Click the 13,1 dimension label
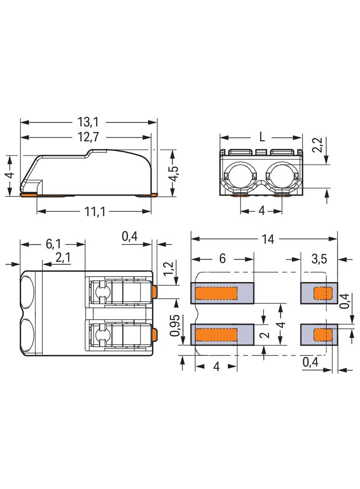tap(88, 122)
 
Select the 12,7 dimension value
tap(88, 137)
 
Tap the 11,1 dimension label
tap(95, 211)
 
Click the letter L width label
tap(262, 137)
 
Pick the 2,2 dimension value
tap(318, 145)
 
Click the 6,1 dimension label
tap(53, 244)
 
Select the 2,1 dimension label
tap(63, 258)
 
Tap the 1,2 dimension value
tap(168, 268)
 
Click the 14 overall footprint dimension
tap(268, 239)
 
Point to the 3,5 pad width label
tap(319, 259)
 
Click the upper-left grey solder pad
tap(222, 293)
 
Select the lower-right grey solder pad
tap(319, 334)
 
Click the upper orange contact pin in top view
tap(155, 292)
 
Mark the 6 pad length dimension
tap(222, 259)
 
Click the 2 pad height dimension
tap(265, 334)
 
